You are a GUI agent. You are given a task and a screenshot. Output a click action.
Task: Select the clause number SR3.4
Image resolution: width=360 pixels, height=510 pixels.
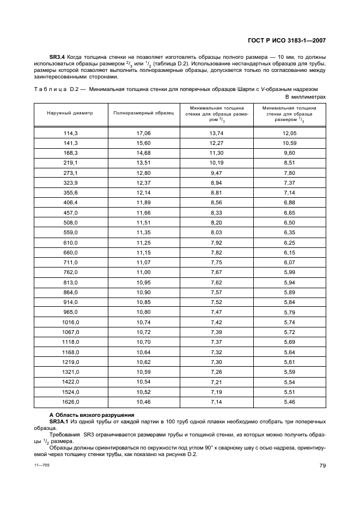point(58,57)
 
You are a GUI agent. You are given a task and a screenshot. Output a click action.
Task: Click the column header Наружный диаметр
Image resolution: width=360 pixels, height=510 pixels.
point(70,113)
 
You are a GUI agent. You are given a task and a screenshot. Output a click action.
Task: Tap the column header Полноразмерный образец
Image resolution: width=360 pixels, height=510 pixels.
point(143,113)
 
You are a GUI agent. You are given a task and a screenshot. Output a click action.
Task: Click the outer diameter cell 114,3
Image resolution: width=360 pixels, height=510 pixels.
point(70,133)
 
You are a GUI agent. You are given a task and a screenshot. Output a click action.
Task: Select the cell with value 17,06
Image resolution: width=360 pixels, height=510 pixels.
point(143,133)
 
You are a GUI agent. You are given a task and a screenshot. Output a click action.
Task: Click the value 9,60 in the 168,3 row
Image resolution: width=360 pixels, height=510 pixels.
point(289,153)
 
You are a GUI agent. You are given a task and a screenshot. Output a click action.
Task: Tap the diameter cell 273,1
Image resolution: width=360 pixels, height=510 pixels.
point(70,172)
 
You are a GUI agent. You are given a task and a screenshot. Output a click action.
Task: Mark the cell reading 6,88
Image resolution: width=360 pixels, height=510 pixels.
point(289,202)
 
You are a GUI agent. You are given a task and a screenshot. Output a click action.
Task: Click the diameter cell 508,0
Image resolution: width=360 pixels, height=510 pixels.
point(70,222)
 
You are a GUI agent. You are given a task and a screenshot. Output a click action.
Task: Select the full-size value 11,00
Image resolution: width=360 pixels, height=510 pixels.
point(143,272)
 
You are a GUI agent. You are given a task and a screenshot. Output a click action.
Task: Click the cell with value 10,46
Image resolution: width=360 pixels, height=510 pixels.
point(143,402)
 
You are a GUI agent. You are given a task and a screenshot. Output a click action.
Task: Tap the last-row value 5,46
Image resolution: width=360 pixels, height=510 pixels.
point(289,402)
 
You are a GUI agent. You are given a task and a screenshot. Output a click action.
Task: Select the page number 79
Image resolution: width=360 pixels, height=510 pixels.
point(322,465)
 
